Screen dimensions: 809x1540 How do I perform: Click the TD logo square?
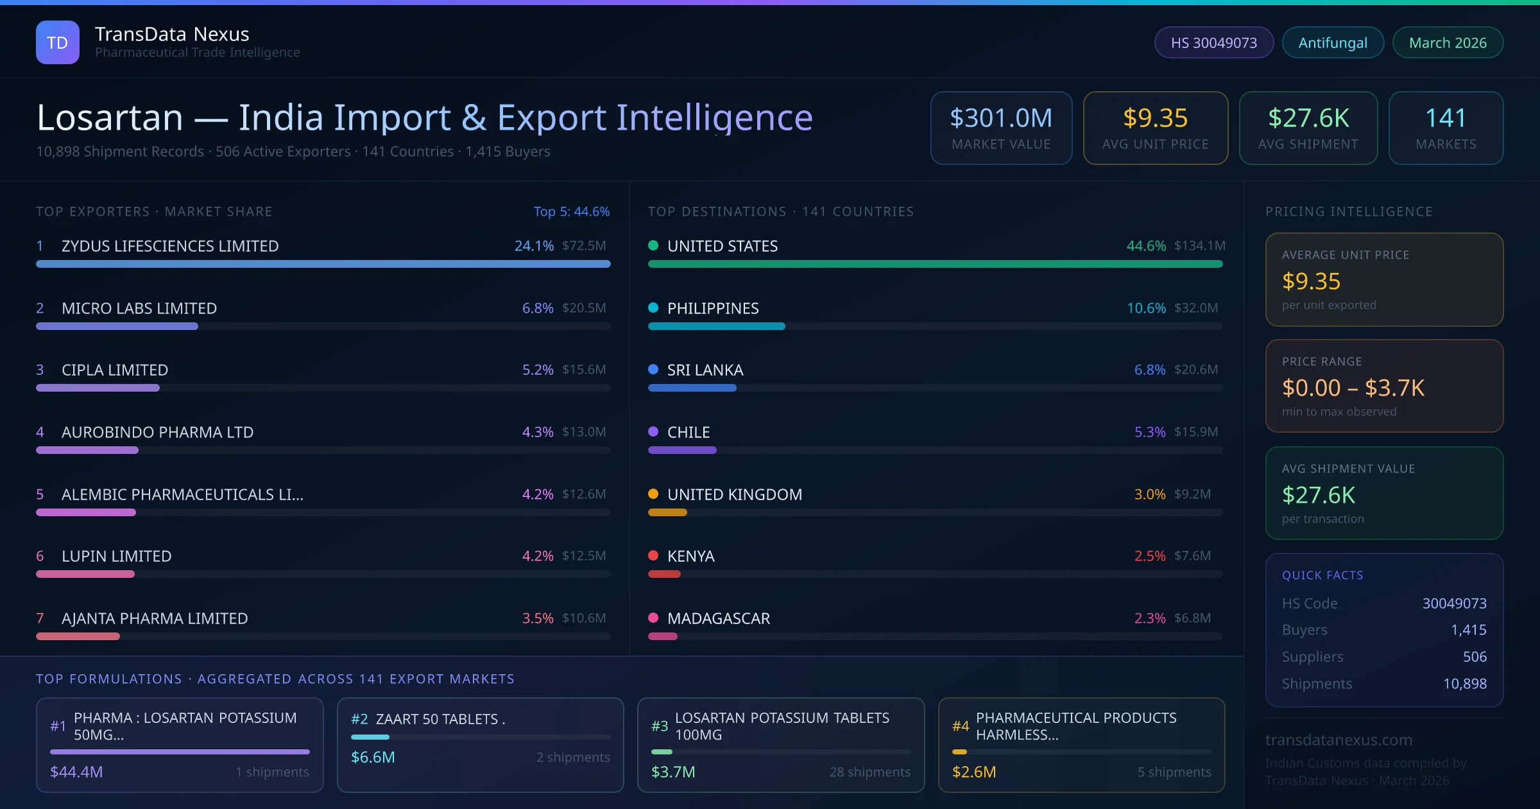click(58, 42)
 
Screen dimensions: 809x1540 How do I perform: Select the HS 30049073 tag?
click(1213, 42)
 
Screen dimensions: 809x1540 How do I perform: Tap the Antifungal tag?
click(1333, 42)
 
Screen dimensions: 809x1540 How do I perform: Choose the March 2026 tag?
click(1448, 42)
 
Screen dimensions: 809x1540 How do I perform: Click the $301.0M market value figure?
click(1001, 117)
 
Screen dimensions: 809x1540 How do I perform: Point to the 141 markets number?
click(1446, 117)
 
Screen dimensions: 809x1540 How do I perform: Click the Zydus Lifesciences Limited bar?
click(323, 264)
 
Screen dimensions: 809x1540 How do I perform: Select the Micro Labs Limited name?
click(139, 308)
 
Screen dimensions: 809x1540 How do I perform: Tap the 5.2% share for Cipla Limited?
click(538, 370)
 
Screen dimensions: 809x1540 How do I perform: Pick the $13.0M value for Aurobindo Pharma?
click(584, 432)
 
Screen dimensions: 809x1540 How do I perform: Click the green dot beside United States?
click(653, 245)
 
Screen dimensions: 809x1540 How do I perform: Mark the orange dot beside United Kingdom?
click(653, 494)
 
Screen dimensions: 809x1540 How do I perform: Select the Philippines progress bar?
click(716, 326)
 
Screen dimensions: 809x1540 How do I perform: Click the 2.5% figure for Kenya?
click(1150, 556)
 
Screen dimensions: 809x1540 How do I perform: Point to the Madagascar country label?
click(719, 618)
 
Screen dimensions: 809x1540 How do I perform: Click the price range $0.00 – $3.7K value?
click(1353, 388)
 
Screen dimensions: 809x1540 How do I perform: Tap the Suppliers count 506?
click(1475, 657)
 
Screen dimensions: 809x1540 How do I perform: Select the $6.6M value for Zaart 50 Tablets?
click(373, 757)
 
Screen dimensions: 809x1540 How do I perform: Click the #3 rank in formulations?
click(660, 726)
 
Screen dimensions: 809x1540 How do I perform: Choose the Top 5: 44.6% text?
click(572, 211)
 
